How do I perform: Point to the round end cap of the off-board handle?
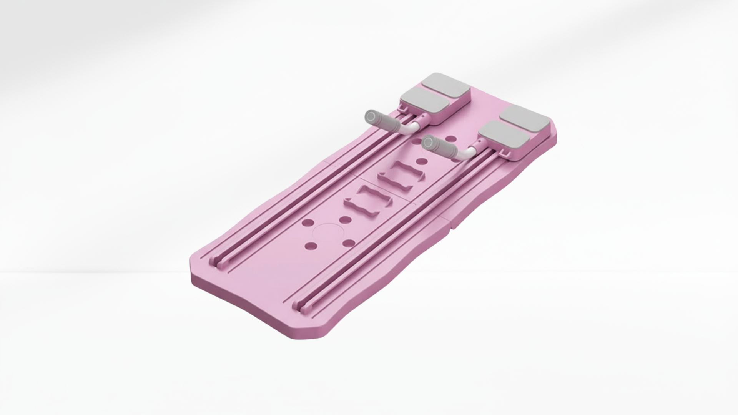371,116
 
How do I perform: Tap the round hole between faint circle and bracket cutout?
345,220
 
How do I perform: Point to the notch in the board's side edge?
452,228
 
